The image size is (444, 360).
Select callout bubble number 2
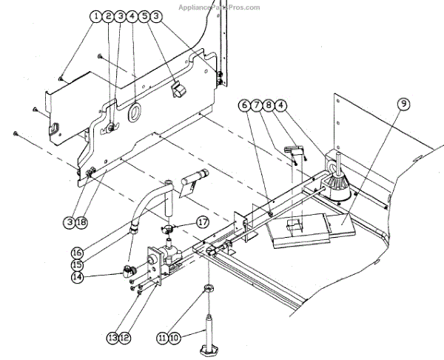[109, 16]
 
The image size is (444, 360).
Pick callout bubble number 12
[125, 338]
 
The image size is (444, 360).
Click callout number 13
[113, 338]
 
